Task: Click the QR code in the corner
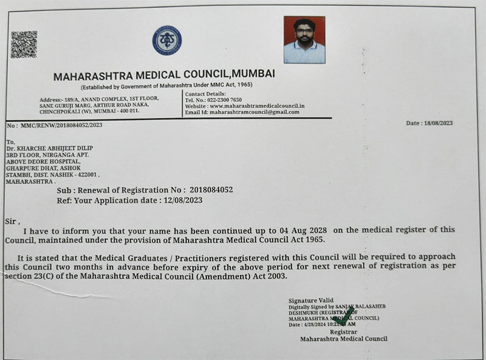[x=24, y=44]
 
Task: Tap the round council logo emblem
[x=166, y=40]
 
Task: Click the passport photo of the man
[x=304, y=40]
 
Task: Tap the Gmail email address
[x=250, y=112]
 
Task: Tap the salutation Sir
[x=12, y=222]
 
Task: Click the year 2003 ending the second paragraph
[x=275, y=276]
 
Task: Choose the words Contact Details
[x=205, y=93]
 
